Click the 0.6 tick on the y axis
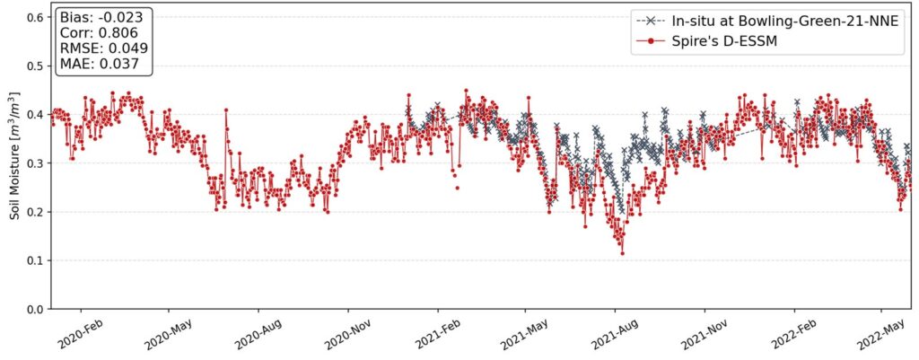[x=35, y=17]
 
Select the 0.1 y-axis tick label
[x=35, y=260]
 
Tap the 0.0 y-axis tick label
[x=35, y=309]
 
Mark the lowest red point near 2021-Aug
[x=622, y=253]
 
